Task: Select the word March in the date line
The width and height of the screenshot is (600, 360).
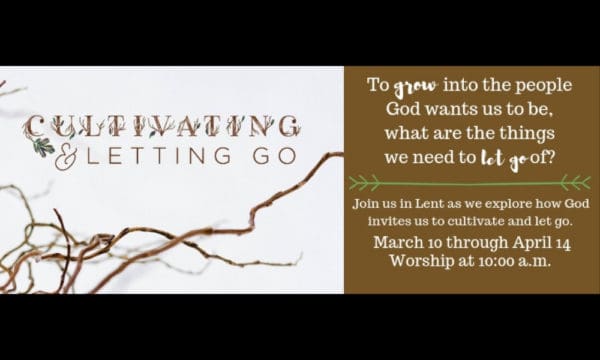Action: coord(398,243)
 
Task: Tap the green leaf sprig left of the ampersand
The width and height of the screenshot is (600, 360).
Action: coord(43,147)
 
